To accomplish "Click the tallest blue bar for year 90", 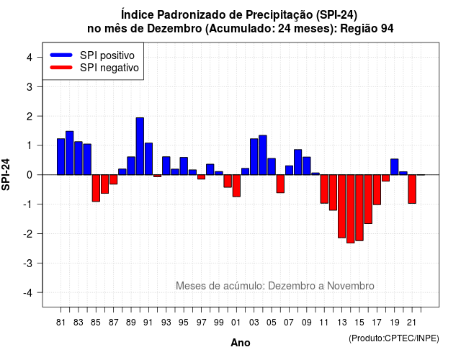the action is pos(140,146).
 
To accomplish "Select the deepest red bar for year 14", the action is pos(351,209).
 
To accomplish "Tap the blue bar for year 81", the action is pos(61,157).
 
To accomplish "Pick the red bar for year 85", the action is pos(96,188).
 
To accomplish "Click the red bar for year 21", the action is pos(412,189).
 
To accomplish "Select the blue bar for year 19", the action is pos(395,167).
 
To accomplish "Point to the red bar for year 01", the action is pos(236,186).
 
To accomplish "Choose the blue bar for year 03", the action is pos(254,157).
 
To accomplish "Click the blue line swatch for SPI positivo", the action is pos(61,55).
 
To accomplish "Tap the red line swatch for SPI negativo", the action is pos(61,68).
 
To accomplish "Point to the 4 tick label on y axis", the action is pos(30,58).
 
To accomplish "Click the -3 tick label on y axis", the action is pos(27,263).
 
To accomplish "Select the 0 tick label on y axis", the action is pos(30,175).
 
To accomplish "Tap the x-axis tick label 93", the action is pos(166,323).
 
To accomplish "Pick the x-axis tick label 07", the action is pos(289,323).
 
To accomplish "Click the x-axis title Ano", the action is pos(241,343).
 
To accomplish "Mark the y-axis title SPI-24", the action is pos(6,174).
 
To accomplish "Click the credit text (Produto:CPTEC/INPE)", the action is pos(394,338).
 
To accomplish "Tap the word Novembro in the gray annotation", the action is pos(351,286).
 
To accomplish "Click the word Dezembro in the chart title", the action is pos(174,29).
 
